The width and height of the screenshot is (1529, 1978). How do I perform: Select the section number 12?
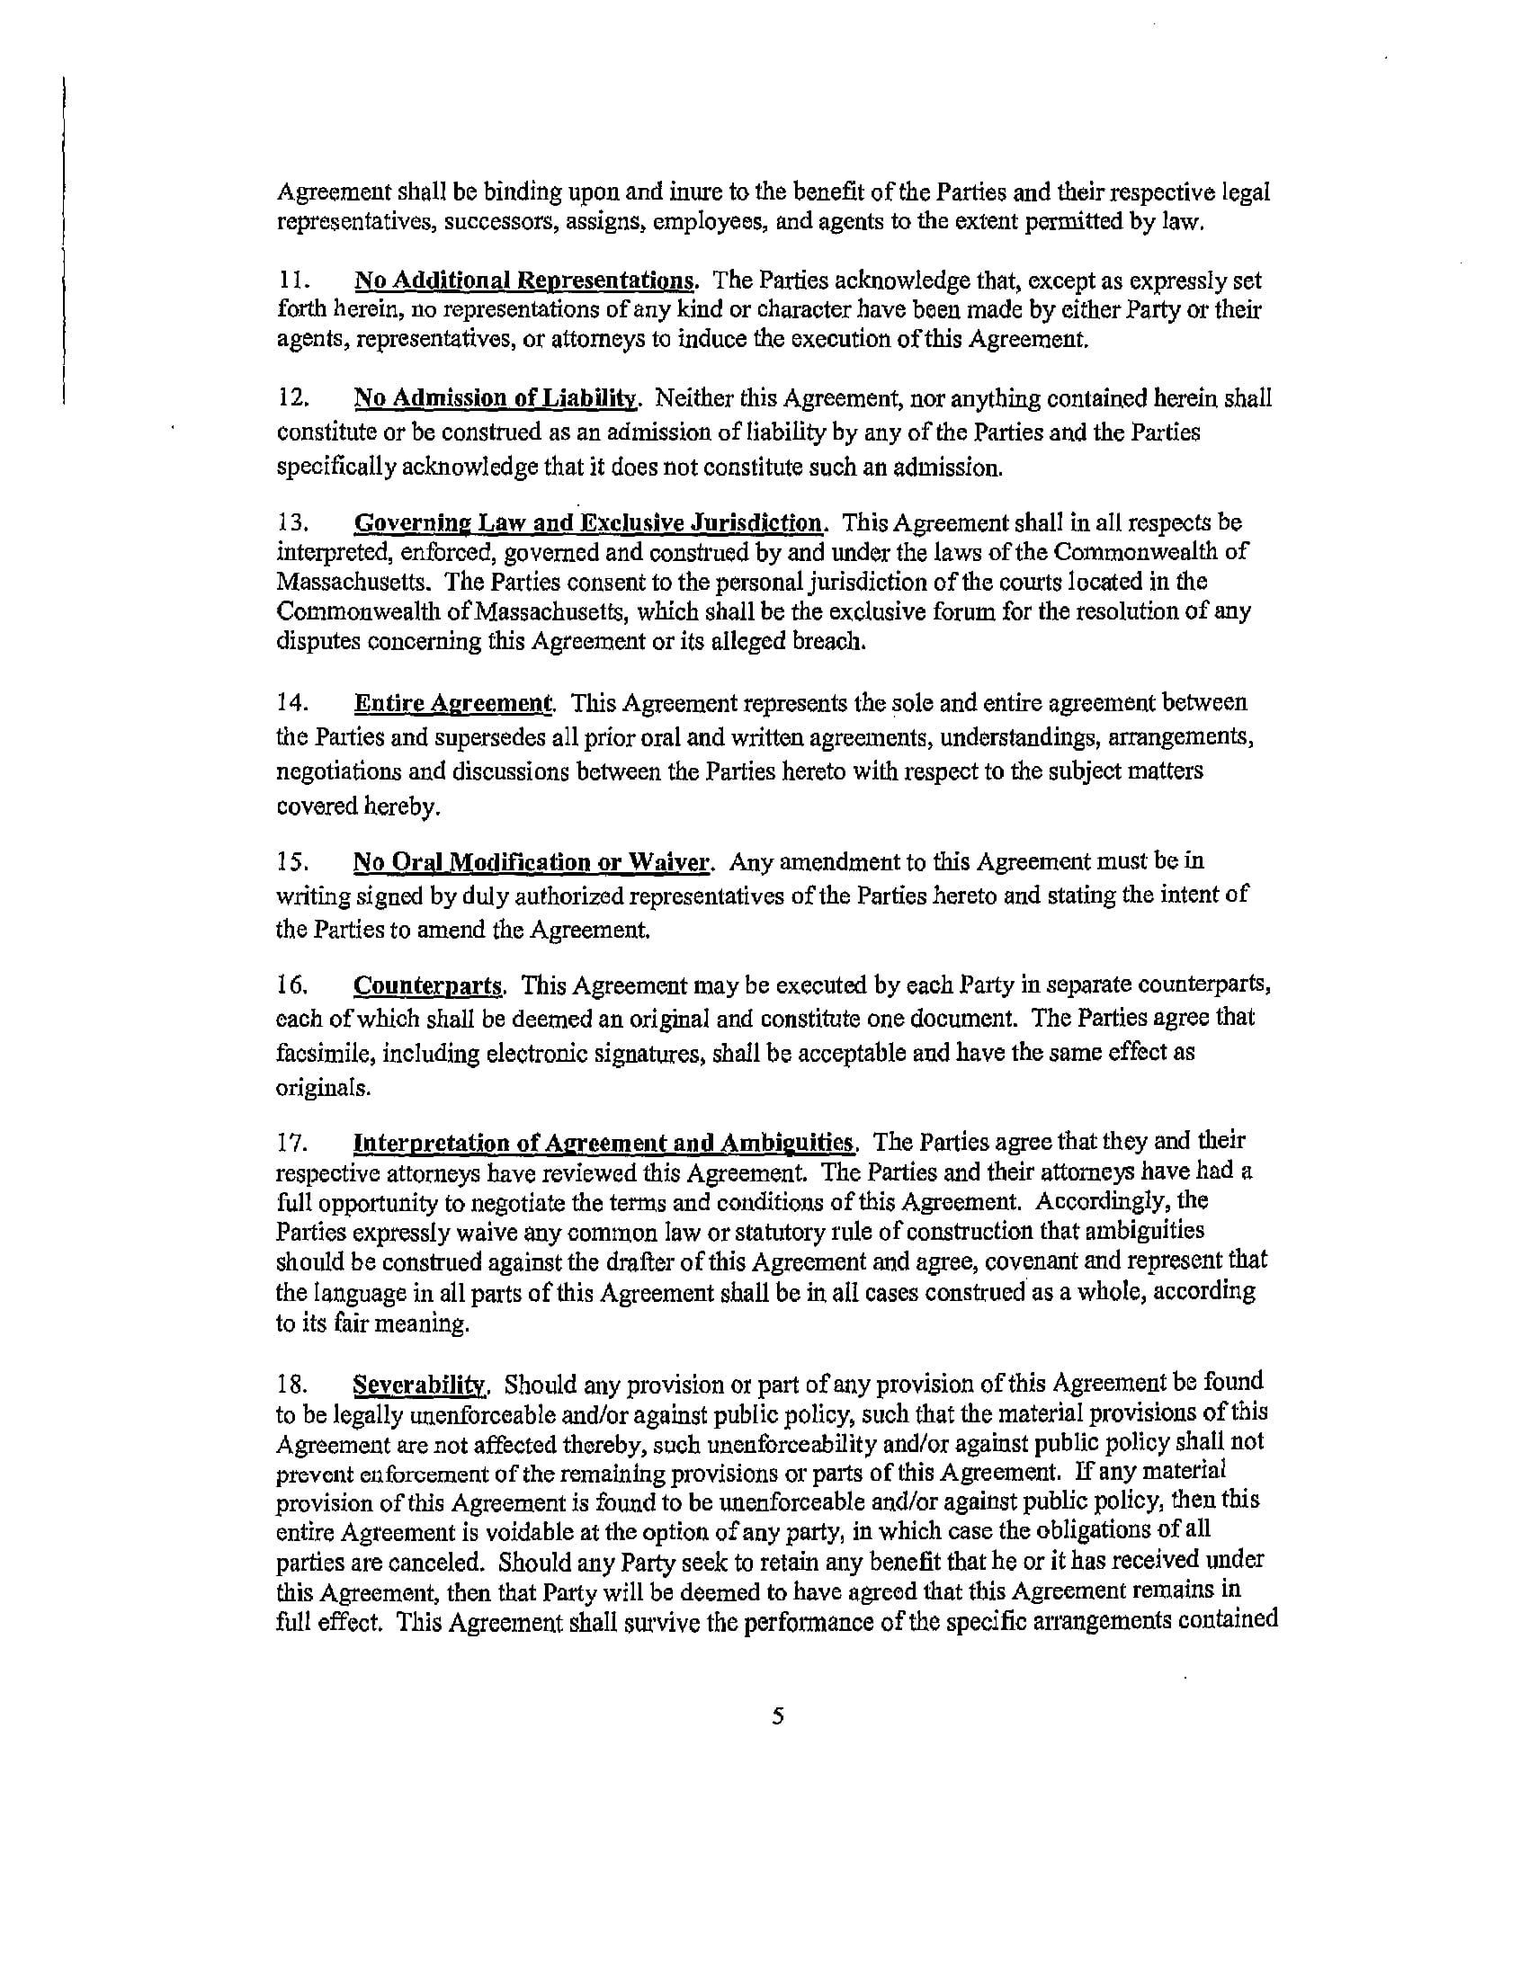point(291,398)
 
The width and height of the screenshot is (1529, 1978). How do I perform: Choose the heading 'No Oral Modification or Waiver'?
point(532,861)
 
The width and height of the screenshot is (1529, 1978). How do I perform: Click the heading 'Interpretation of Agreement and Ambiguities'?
point(604,1141)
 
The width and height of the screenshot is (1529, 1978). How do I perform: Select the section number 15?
point(291,862)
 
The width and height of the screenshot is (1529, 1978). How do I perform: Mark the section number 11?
point(291,281)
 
